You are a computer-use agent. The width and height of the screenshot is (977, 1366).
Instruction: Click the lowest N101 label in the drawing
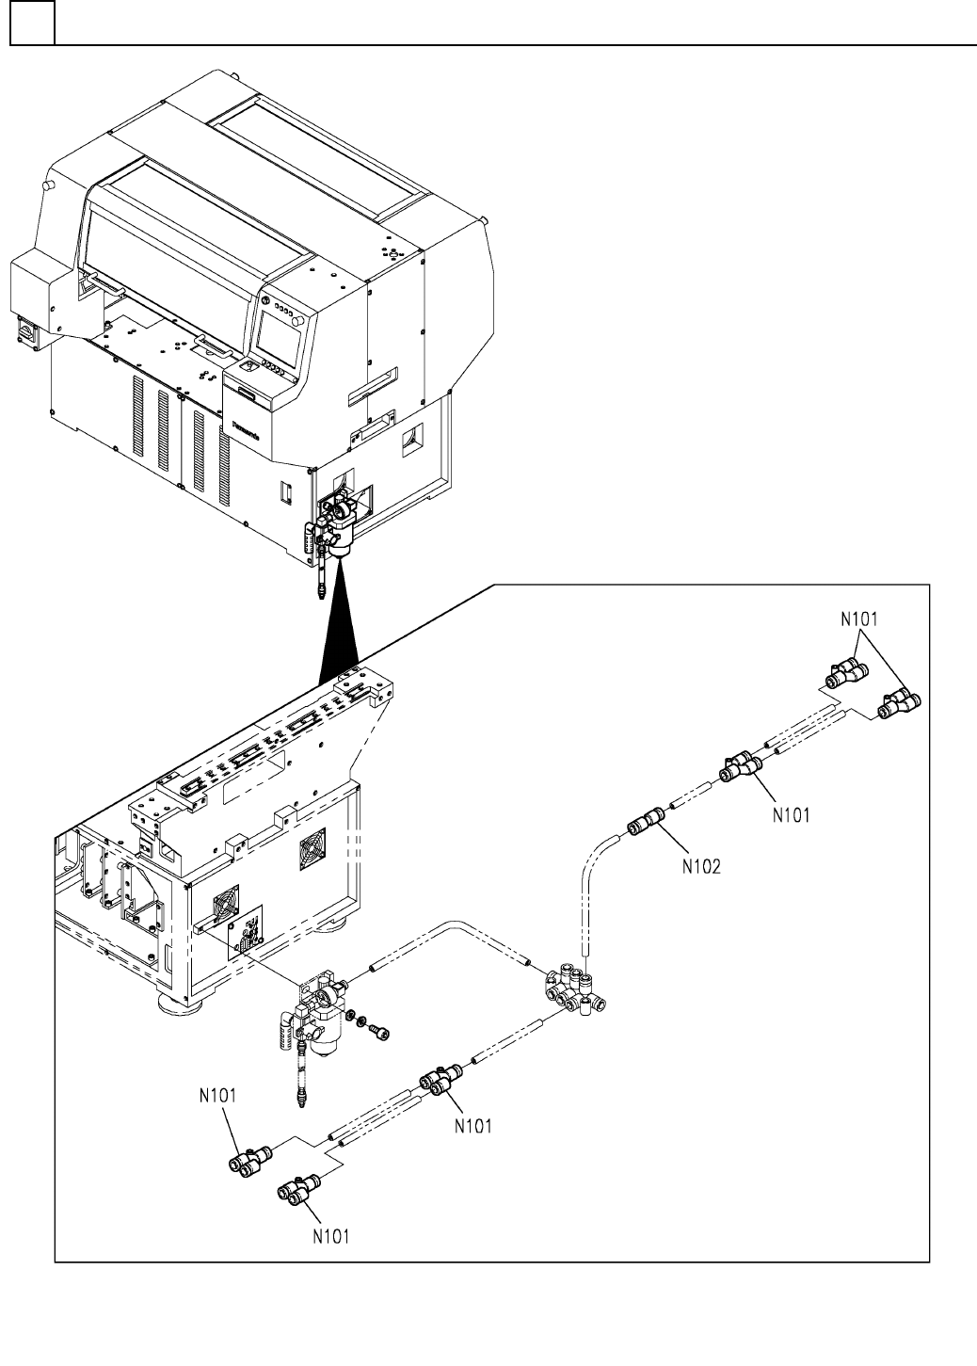(x=331, y=1236)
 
